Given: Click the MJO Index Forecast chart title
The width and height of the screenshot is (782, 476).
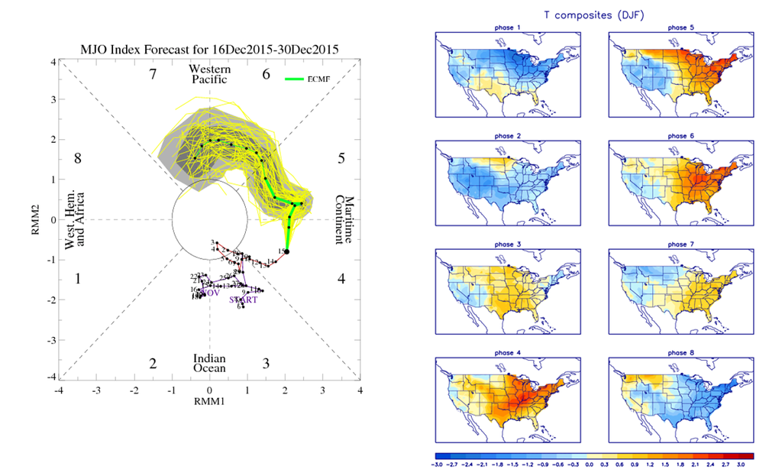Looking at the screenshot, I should tap(209, 50).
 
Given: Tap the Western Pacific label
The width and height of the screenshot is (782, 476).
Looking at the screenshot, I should tap(209, 74).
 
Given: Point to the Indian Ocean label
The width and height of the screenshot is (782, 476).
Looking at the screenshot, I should tap(209, 363).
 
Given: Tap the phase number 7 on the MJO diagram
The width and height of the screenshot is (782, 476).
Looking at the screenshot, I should tap(153, 74).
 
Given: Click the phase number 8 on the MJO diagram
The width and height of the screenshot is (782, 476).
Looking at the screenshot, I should tap(77, 158).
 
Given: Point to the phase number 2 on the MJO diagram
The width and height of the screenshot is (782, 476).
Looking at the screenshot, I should tap(153, 364).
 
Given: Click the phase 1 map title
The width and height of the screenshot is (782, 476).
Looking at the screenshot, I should tap(507, 28).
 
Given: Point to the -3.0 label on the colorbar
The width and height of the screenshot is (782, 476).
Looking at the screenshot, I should tap(438, 463).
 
